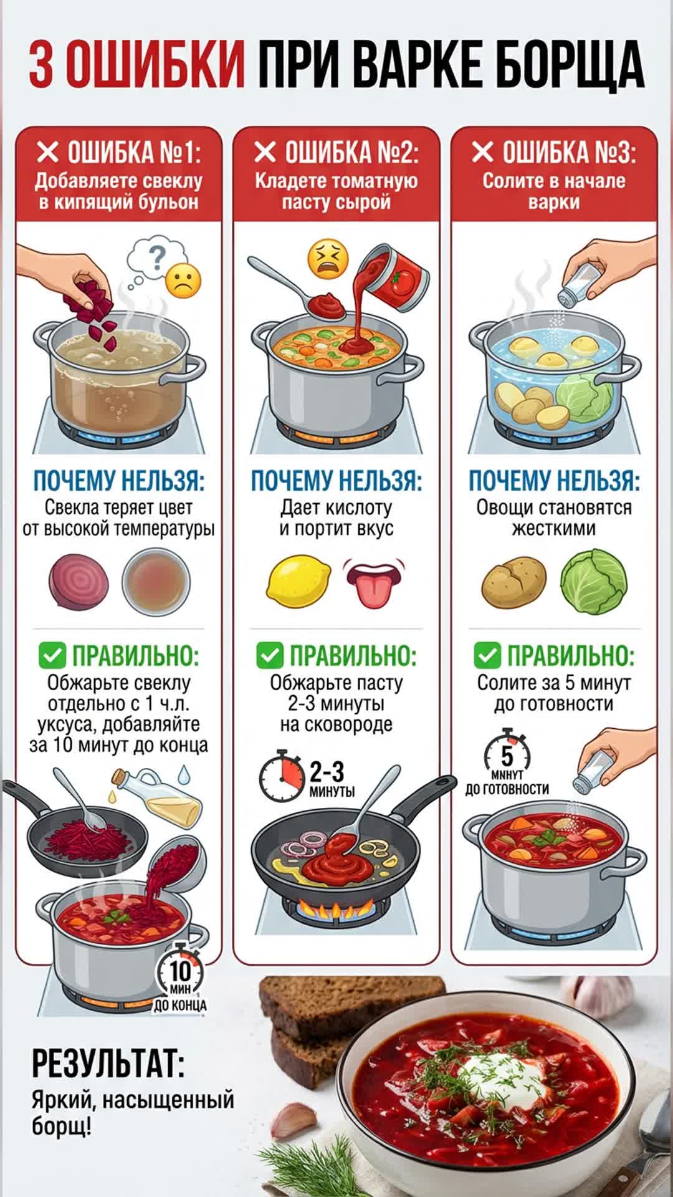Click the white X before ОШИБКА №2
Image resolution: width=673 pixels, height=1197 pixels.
[x=265, y=151]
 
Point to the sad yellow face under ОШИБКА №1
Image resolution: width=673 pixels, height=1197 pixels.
[x=183, y=281]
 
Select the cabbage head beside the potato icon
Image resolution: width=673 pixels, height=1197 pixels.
[x=593, y=581]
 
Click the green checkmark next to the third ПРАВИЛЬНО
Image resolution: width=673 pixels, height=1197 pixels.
[x=487, y=655]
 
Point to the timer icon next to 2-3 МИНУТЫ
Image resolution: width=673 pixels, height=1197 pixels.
[x=282, y=778]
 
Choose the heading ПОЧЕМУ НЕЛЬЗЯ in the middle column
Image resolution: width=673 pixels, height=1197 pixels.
[x=336, y=481]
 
